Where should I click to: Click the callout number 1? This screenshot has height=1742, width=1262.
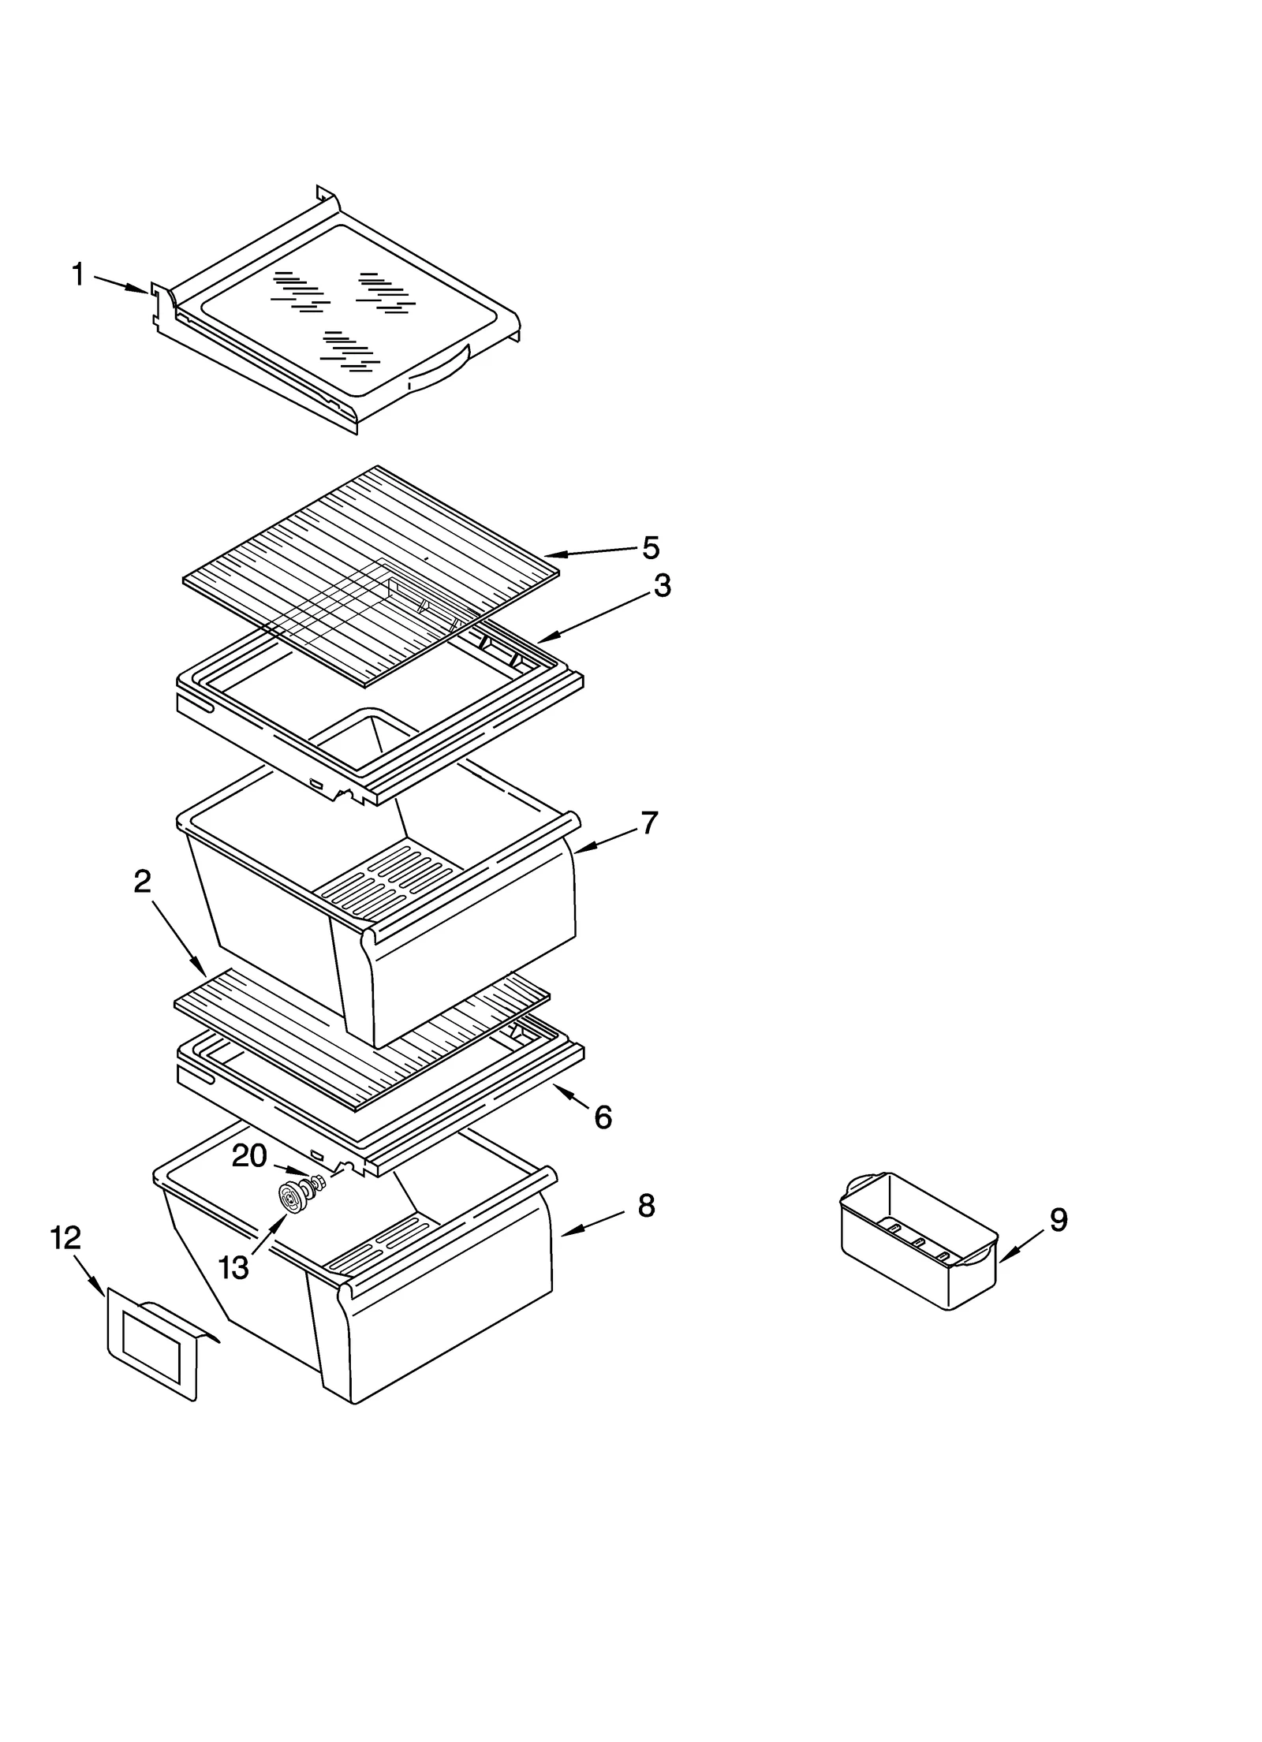(x=77, y=275)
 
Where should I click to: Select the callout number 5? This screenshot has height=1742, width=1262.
(x=651, y=547)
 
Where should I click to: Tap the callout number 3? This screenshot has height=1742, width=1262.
(x=662, y=586)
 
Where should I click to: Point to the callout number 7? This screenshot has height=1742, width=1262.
(x=648, y=823)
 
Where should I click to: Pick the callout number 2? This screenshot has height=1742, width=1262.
(x=142, y=882)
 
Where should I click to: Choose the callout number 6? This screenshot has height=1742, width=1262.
(x=603, y=1117)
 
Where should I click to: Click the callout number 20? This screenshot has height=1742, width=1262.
(x=249, y=1156)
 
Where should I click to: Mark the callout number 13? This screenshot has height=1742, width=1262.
(x=233, y=1268)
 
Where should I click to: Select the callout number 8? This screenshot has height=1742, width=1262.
(x=646, y=1206)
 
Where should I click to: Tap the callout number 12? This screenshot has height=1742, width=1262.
(x=65, y=1239)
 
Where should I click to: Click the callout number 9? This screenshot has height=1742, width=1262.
(x=1059, y=1220)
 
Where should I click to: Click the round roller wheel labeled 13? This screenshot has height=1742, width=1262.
(x=292, y=1201)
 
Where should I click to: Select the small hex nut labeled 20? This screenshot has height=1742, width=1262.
(x=319, y=1181)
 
